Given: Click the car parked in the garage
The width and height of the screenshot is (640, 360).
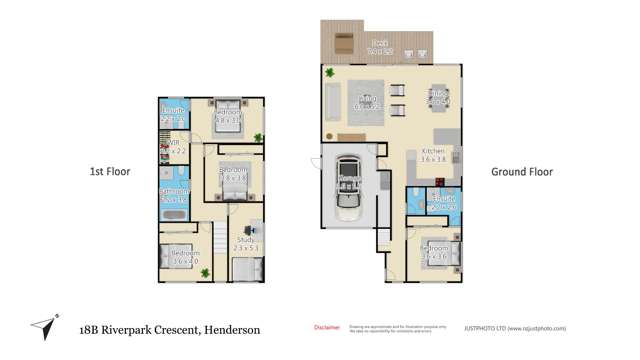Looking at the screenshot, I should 348,187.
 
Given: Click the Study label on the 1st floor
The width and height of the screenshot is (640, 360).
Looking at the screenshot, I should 246,242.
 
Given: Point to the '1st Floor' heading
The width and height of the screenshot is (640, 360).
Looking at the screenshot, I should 110,172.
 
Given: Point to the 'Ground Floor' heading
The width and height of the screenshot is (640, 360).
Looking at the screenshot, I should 521,172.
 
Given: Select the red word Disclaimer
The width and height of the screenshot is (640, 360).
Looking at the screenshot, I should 327,327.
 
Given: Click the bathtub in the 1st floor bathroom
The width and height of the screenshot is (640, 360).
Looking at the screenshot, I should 171,213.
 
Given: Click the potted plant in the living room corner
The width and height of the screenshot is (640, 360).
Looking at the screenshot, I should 329,72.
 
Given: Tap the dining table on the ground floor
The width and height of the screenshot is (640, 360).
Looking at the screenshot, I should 437,98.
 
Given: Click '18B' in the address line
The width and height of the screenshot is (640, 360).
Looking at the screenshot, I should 93,329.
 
